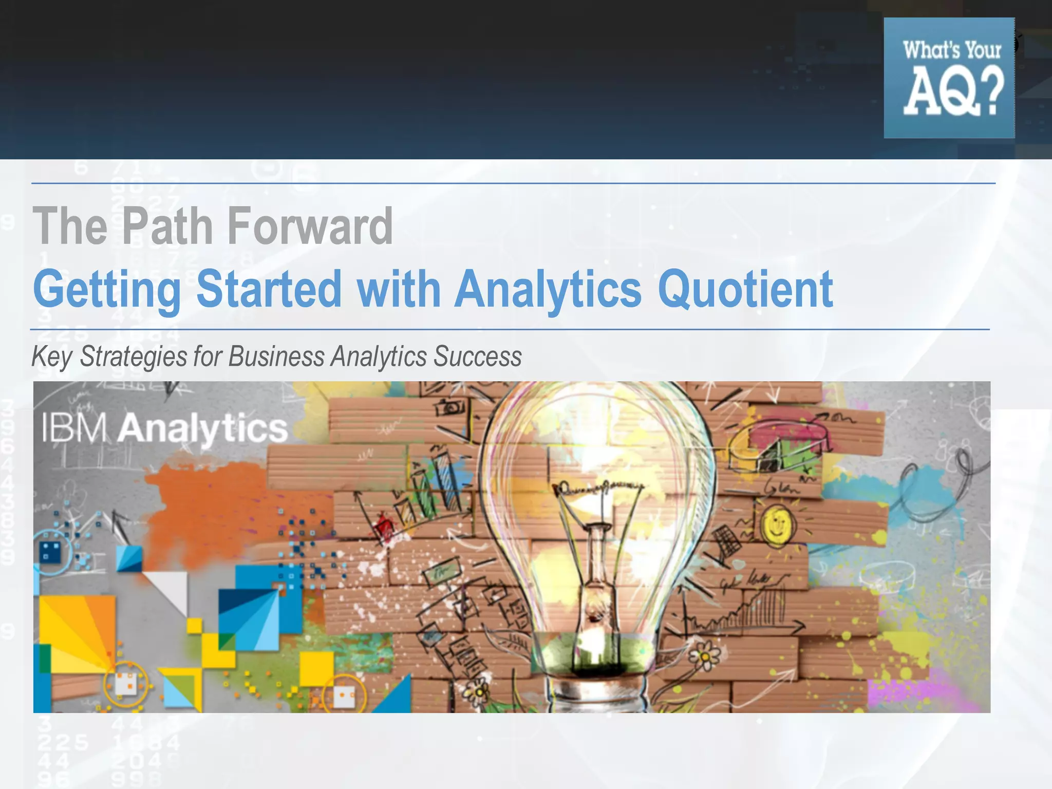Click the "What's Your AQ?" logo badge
(x=949, y=78)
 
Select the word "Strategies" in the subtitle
(x=134, y=357)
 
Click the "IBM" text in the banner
(x=74, y=428)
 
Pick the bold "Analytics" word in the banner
(x=202, y=429)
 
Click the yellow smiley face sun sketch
(x=777, y=524)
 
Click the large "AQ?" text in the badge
(x=953, y=93)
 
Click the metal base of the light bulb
(x=598, y=696)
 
